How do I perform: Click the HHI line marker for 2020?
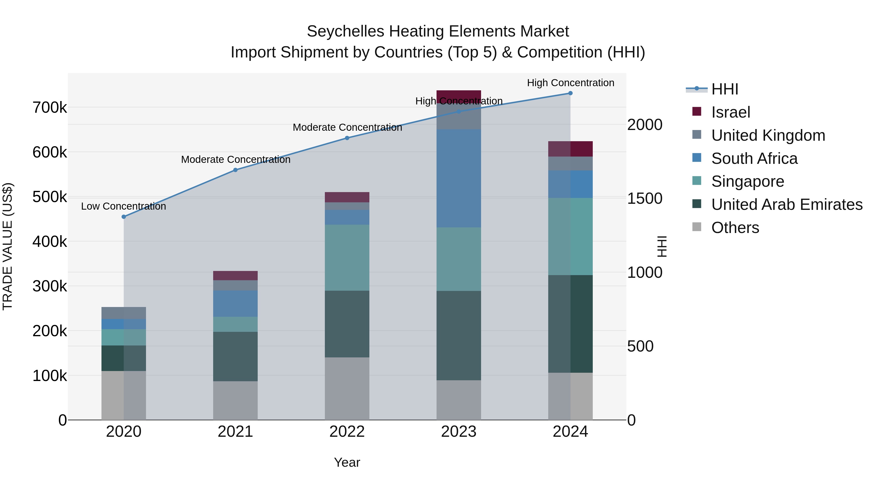(x=124, y=217)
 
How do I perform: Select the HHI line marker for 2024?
(x=570, y=93)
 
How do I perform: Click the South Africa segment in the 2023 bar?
(x=458, y=178)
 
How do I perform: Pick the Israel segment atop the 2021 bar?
(x=235, y=276)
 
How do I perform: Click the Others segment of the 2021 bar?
(x=235, y=400)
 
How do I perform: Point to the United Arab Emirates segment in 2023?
(x=458, y=335)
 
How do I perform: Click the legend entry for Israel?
(x=730, y=112)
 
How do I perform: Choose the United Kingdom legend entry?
(x=768, y=135)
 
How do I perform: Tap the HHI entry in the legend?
(x=724, y=89)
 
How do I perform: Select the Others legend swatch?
(x=697, y=227)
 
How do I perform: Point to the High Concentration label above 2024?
(x=570, y=83)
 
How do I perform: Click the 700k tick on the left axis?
(x=50, y=108)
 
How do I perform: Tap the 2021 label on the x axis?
(x=235, y=432)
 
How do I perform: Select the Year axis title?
(x=347, y=462)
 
